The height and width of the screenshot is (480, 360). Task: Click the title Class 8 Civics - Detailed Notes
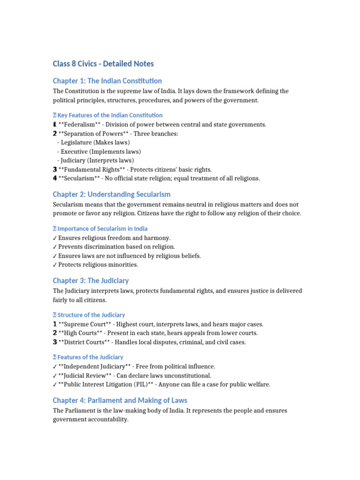click(x=103, y=64)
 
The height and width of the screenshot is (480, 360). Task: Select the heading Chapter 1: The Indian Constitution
click(x=107, y=81)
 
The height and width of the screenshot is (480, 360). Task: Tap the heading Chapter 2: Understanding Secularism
click(x=112, y=194)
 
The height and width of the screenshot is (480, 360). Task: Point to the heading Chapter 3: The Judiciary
click(x=90, y=280)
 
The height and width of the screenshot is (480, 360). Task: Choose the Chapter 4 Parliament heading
click(x=120, y=400)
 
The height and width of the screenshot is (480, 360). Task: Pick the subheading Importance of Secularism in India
click(x=102, y=229)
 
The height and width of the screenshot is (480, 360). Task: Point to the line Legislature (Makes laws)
click(x=96, y=142)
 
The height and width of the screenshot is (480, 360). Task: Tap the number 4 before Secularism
click(x=55, y=179)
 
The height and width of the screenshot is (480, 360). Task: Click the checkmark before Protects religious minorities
click(x=55, y=265)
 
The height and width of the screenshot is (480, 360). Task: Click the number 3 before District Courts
click(x=55, y=342)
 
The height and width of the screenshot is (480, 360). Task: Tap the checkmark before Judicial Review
click(x=55, y=376)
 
